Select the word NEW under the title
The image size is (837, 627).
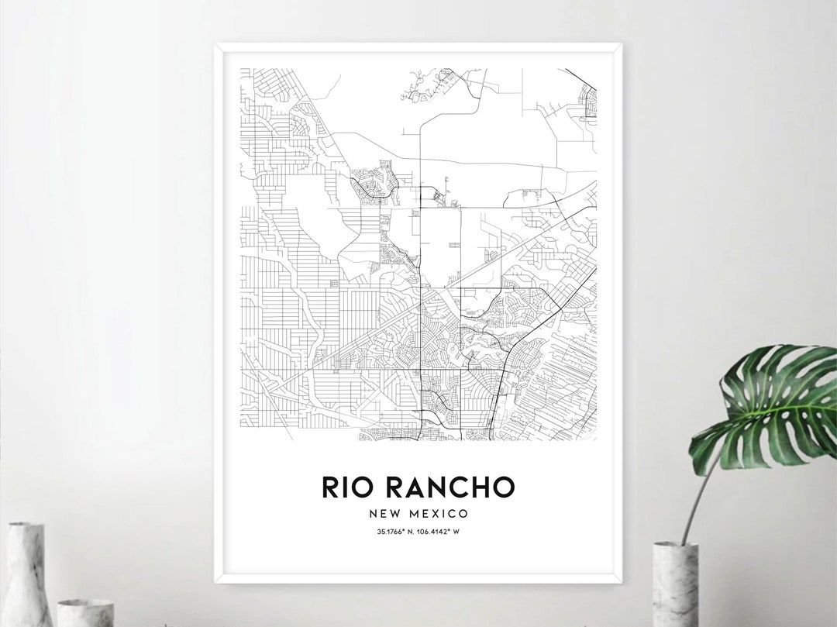point(385,513)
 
